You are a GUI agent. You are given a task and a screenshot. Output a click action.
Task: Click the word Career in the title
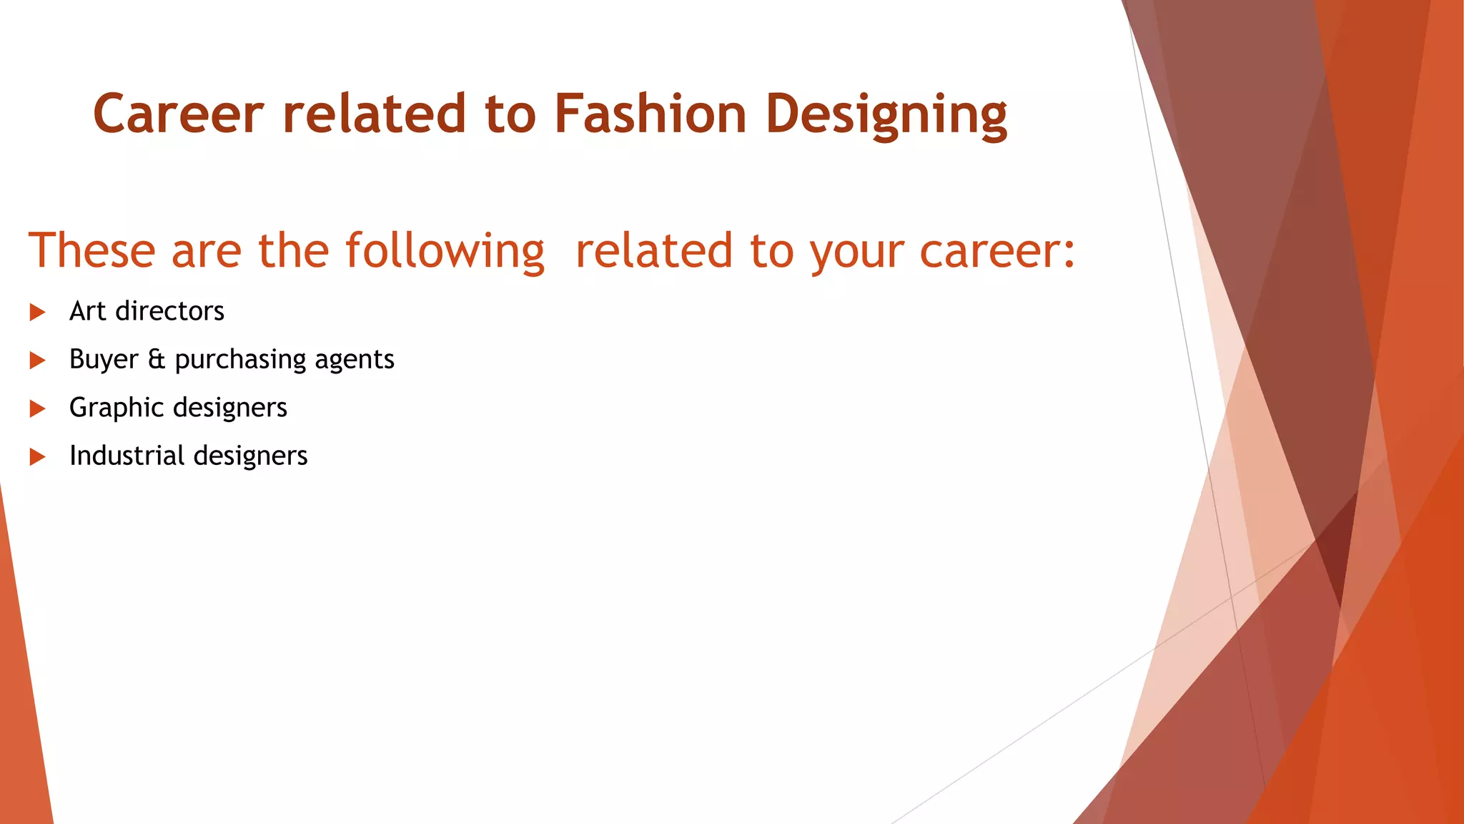(x=179, y=114)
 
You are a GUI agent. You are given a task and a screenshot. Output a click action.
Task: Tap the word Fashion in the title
(x=651, y=114)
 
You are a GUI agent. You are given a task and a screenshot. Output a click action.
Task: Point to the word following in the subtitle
(x=445, y=252)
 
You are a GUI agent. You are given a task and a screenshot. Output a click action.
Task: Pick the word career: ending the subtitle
(x=997, y=252)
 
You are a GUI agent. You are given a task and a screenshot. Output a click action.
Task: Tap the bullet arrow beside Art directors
(x=38, y=312)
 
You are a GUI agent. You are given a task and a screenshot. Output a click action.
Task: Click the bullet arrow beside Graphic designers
(x=38, y=408)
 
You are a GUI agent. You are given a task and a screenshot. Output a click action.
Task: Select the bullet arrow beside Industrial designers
(x=38, y=456)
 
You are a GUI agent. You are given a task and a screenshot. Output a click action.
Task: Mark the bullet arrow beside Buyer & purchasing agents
(x=38, y=360)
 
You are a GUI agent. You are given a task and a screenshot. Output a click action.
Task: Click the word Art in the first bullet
(x=88, y=311)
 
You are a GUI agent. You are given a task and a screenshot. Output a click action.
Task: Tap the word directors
(x=170, y=311)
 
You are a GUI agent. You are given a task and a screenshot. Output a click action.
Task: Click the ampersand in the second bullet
(x=157, y=359)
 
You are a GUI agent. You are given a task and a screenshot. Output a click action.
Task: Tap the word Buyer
(x=104, y=359)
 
